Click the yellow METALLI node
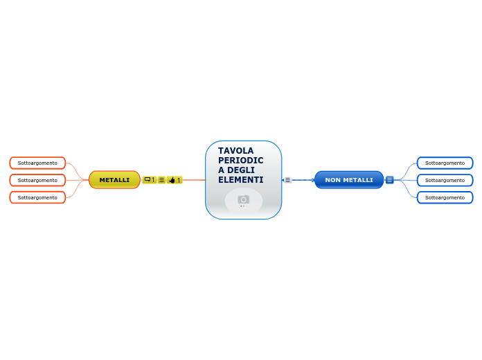114,180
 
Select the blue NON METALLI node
349,180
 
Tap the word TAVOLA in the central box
235,151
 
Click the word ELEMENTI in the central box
240,180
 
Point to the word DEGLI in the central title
240,170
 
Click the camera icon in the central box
243,199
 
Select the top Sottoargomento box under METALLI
37,163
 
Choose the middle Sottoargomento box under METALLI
37,180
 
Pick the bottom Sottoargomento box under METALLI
37,197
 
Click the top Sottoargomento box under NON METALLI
445,163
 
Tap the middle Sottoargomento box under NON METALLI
445,180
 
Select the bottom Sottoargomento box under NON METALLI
445,197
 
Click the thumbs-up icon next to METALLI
172,180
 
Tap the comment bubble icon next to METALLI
148,179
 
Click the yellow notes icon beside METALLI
161,180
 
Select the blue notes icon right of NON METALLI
389,180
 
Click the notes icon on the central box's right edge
287,180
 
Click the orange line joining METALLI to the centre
194,180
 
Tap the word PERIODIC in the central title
240,161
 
